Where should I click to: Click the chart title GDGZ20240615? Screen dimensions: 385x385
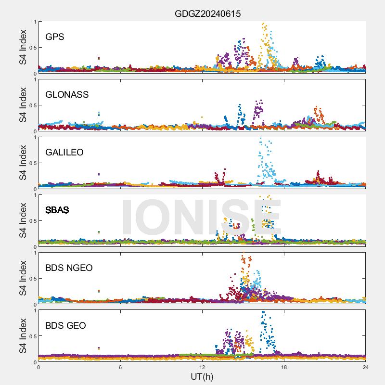[x=207, y=14]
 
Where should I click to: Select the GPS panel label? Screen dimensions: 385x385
[x=55, y=37]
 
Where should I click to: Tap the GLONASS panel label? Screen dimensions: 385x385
[x=67, y=94]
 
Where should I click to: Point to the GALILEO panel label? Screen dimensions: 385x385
[x=64, y=152]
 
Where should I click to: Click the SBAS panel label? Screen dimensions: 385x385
[x=57, y=210]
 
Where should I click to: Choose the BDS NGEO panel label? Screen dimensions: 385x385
[x=69, y=268]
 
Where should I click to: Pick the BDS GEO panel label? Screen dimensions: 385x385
[x=65, y=325]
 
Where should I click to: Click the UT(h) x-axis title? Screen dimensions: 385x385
[x=202, y=376]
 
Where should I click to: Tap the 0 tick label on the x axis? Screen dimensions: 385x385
[x=38, y=367]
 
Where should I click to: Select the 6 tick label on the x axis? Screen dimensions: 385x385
[x=120, y=367]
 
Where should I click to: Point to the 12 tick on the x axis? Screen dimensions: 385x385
[x=202, y=367]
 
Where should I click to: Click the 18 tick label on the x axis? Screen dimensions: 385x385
[x=284, y=367]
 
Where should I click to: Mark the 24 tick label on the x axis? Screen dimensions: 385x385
[x=366, y=367]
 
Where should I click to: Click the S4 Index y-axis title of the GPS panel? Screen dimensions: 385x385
[x=23, y=47]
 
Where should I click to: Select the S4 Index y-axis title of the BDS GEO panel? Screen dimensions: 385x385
[x=23, y=336]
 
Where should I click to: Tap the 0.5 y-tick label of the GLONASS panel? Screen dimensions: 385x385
[x=30, y=105]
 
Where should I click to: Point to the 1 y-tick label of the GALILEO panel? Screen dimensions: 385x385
[x=34, y=137]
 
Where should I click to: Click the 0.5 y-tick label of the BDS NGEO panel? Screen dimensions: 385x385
[x=30, y=279]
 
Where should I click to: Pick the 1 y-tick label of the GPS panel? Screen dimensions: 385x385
[x=34, y=22]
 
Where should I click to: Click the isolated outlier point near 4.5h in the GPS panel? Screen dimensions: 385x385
[x=99, y=59]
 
